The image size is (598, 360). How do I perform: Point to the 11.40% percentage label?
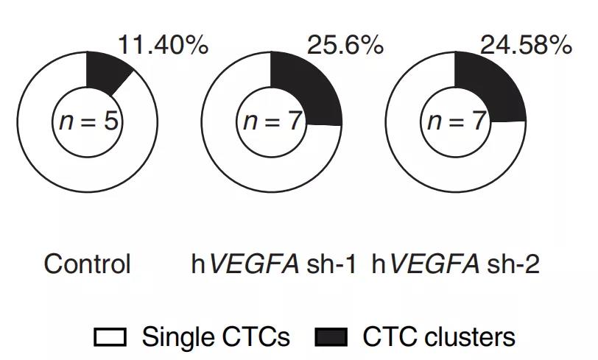pos(163,46)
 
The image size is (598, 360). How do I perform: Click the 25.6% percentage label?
pos(345,46)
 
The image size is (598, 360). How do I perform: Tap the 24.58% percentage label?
pos(526,46)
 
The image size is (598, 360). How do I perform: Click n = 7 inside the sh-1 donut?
pos(272,121)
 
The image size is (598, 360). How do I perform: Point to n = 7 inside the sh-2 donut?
pos(456,121)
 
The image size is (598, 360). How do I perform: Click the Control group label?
pos(87,264)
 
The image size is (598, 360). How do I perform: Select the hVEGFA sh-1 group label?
pos(273,264)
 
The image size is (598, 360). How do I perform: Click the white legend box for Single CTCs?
pos(110,338)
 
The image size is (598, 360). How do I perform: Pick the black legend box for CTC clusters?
pos(331,338)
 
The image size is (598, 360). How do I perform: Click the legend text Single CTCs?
pos(216,338)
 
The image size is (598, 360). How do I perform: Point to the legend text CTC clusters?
pos(439,338)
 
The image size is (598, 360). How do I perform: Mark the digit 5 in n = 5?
pos(110,121)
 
